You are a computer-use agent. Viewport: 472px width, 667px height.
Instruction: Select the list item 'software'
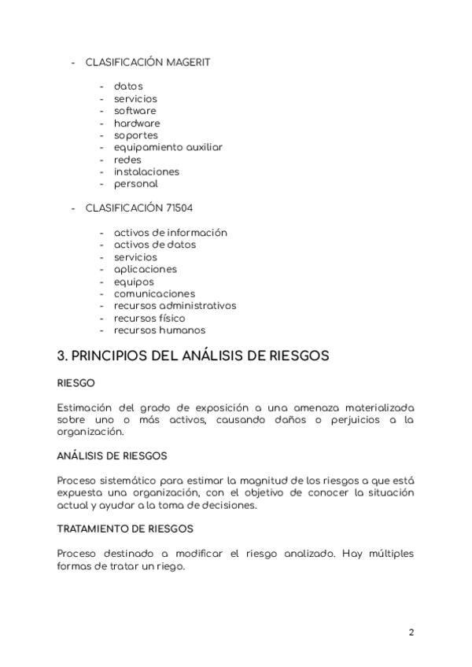click(x=135, y=111)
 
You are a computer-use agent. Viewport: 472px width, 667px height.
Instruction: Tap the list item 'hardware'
click(x=136, y=123)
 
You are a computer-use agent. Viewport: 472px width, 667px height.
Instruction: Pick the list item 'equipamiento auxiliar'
click(x=168, y=147)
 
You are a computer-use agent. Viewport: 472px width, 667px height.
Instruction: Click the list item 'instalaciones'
click(x=146, y=171)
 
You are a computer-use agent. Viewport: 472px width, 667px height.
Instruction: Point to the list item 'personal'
click(x=135, y=184)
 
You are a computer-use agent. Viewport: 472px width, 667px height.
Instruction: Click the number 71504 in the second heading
click(x=179, y=208)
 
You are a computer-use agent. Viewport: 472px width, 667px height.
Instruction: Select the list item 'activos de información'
click(x=170, y=233)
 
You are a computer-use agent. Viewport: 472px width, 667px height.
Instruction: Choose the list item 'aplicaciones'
click(x=145, y=269)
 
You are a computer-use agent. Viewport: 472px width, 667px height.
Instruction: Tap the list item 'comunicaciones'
click(x=154, y=293)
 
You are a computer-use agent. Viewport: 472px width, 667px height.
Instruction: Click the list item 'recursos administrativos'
click(x=175, y=306)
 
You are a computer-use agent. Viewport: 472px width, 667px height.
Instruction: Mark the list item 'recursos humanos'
click(x=159, y=330)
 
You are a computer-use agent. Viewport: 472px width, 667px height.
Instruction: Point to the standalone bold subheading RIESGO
click(x=76, y=383)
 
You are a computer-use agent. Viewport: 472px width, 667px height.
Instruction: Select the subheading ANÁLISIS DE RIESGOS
click(x=112, y=455)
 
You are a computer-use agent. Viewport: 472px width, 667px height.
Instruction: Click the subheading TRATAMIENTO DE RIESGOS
click(x=125, y=529)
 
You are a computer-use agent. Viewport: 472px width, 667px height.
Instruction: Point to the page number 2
click(x=411, y=632)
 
